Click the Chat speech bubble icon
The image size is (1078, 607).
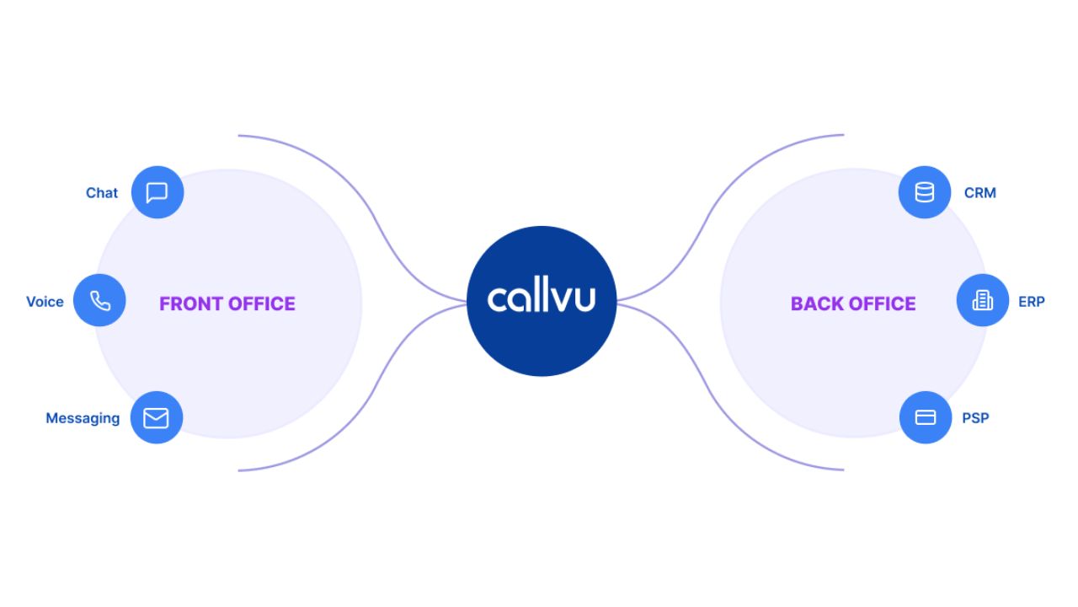(x=157, y=193)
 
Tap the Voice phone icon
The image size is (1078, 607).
(x=100, y=301)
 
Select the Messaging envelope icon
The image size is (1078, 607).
(x=156, y=418)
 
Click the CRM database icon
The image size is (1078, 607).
(x=925, y=193)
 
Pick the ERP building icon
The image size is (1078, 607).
(x=983, y=301)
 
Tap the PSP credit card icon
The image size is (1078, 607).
(x=926, y=418)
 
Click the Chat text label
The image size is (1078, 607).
(x=102, y=193)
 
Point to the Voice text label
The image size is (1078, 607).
(x=45, y=302)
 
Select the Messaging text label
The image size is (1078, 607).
(x=83, y=418)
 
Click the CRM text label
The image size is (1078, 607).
(x=980, y=193)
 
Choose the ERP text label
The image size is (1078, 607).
(x=1032, y=302)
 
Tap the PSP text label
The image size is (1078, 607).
(x=975, y=418)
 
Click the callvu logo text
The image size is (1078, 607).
(x=542, y=298)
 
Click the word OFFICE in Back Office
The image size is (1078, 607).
(x=883, y=303)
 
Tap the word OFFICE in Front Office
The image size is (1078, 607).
(x=262, y=303)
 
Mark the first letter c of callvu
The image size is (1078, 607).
(x=498, y=300)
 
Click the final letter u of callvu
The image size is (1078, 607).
(x=584, y=300)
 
